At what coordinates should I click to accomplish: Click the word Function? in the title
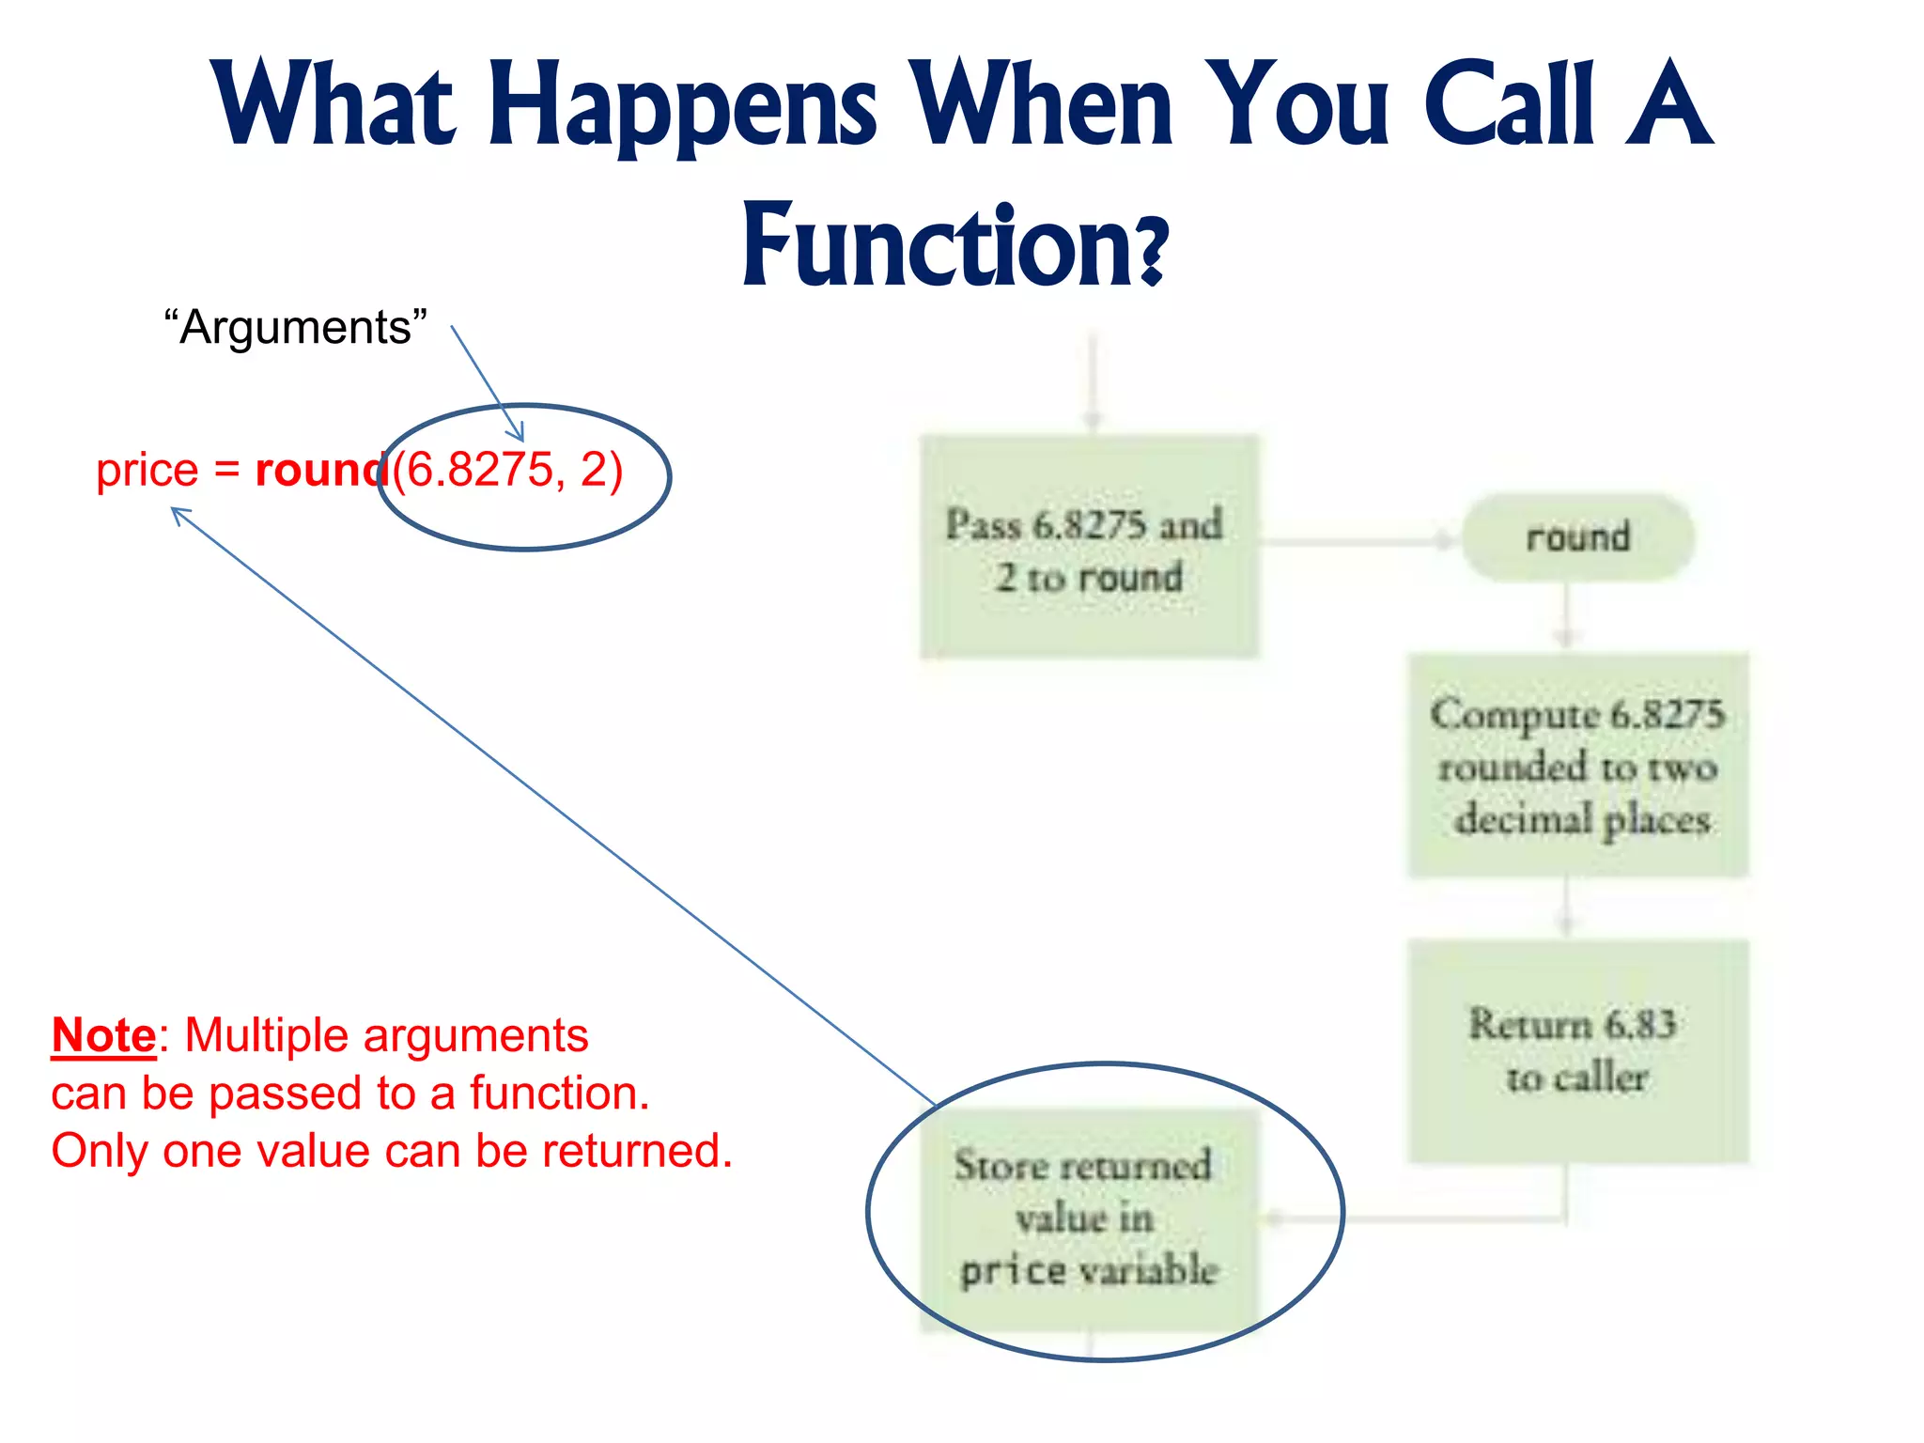(955, 246)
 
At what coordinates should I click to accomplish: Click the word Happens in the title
(683, 105)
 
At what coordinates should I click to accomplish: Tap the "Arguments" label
(295, 328)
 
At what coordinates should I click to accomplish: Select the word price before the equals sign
(147, 470)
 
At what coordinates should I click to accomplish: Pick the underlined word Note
(103, 1036)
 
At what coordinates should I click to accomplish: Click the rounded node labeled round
(1577, 537)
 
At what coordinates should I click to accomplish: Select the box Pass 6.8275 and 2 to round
(1088, 548)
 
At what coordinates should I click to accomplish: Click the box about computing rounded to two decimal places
(1577, 766)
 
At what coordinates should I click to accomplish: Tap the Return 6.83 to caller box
(1577, 1050)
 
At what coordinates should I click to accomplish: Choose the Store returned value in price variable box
(1088, 1218)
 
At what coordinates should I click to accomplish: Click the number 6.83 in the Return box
(1639, 1024)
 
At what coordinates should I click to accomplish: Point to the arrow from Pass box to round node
(1358, 541)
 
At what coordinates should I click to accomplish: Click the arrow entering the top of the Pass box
(1093, 385)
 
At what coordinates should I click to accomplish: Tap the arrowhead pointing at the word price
(178, 513)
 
